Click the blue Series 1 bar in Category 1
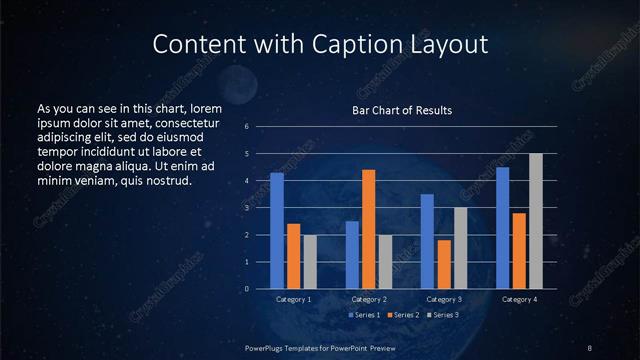(x=277, y=231)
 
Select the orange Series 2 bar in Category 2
(x=368, y=229)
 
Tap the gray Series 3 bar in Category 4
(x=535, y=221)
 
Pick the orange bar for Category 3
(x=443, y=264)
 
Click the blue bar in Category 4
(x=502, y=228)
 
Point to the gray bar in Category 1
(x=310, y=262)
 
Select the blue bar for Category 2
(x=352, y=255)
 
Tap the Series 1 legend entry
(x=362, y=315)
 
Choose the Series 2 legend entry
(x=402, y=315)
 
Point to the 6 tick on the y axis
(x=246, y=127)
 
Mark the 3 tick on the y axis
(x=246, y=208)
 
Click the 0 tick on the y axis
(x=246, y=289)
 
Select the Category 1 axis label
(x=293, y=299)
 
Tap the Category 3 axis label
(x=444, y=299)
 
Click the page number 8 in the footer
(x=591, y=347)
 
